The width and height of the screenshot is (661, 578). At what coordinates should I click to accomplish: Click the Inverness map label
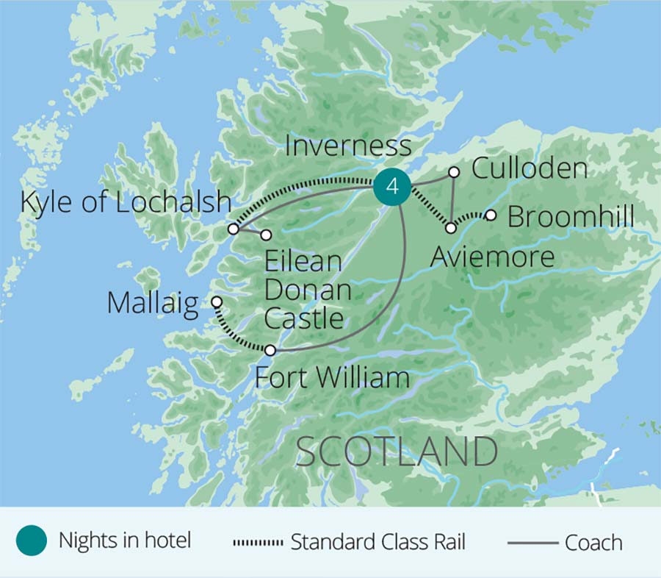pos(348,146)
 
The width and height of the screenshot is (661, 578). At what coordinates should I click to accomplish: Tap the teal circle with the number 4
pos(392,187)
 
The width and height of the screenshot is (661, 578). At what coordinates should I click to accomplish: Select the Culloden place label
pos(530,168)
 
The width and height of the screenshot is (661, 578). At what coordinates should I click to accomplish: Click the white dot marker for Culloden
pos(454,172)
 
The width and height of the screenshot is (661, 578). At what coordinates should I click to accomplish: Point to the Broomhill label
pos(571,218)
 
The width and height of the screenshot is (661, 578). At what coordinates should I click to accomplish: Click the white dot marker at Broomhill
pos(491,215)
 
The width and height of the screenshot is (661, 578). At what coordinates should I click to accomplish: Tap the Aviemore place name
pos(492,257)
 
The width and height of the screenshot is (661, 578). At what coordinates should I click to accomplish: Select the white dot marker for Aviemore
pos(451,228)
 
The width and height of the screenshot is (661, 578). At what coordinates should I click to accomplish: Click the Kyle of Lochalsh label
pos(126,202)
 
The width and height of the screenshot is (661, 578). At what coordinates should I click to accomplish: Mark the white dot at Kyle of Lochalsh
pos(233,229)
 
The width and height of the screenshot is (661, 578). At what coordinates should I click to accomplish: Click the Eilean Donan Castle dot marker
pos(266,235)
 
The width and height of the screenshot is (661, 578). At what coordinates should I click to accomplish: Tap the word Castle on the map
pos(303,318)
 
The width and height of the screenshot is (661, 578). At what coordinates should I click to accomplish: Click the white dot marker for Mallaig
pos(217,302)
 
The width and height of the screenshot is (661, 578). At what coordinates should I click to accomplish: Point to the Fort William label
pos(331,378)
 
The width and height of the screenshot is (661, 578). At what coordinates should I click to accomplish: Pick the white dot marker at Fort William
pos(270,350)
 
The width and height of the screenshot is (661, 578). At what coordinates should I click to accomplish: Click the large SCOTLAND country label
pos(397,452)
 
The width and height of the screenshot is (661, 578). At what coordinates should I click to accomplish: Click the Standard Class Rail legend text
pos(378,543)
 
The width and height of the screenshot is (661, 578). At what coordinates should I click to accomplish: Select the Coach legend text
pos(593,543)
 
